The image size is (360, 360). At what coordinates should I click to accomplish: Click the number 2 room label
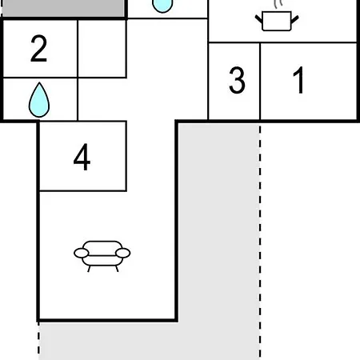click(39, 49)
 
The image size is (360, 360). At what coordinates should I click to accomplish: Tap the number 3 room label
click(237, 80)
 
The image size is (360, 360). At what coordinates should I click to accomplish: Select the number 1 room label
click(298, 80)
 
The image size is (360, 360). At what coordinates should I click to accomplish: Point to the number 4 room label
click(82, 157)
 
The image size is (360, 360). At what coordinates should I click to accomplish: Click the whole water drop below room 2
click(39, 100)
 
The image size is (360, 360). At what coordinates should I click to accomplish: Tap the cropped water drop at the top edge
click(162, 6)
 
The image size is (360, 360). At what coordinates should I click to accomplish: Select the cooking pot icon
click(277, 18)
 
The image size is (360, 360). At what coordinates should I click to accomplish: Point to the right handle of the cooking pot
click(294, 19)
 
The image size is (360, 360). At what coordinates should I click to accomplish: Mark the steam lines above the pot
click(278, 4)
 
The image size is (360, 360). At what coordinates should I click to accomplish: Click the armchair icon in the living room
click(102, 256)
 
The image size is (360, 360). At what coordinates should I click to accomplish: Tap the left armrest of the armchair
click(82, 253)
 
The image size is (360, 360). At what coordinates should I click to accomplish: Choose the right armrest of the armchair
click(123, 253)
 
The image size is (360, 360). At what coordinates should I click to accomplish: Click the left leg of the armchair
click(89, 269)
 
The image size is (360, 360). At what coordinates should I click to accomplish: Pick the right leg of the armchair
click(117, 269)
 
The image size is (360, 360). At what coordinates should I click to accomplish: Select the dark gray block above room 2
click(63, 8)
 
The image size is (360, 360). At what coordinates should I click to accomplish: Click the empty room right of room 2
click(102, 49)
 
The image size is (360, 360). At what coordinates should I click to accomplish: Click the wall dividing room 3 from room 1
click(260, 81)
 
